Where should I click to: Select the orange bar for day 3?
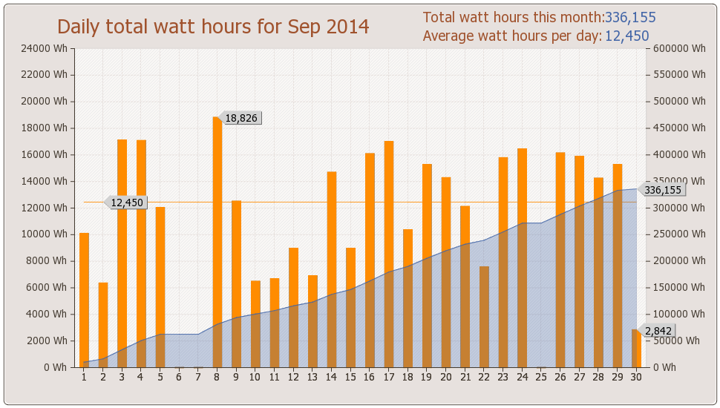tap(122, 253)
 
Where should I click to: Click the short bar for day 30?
tap(636, 348)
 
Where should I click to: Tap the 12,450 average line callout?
tap(126, 203)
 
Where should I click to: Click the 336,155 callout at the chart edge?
tap(662, 190)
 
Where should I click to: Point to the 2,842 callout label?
tap(658, 331)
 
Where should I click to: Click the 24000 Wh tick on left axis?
tap(48, 49)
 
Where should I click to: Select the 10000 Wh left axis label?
tap(48, 234)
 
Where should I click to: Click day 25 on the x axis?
tap(541, 378)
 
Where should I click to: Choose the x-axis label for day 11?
tap(274, 378)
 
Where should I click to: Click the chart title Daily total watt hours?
tap(213, 27)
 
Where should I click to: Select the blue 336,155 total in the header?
tap(630, 18)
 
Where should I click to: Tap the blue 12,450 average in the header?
tap(627, 36)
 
